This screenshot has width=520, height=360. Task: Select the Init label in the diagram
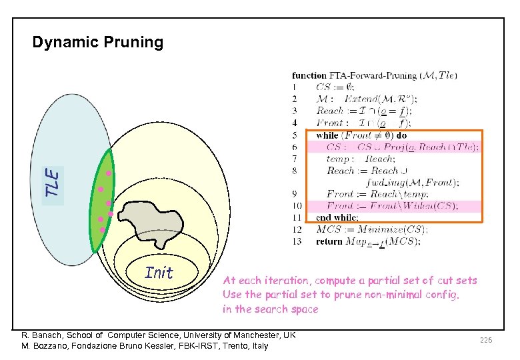(x=159, y=273)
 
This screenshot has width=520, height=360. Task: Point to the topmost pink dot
(x=108, y=175)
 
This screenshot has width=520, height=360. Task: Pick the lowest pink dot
(x=102, y=230)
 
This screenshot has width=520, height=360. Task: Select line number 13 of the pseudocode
(x=296, y=241)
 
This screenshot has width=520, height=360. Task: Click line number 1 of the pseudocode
(x=295, y=87)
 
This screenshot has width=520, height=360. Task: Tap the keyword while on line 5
(x=327, y=135)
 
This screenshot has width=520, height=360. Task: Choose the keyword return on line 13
(x=329, y=241)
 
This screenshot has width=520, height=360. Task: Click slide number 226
(x=485, y=340)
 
